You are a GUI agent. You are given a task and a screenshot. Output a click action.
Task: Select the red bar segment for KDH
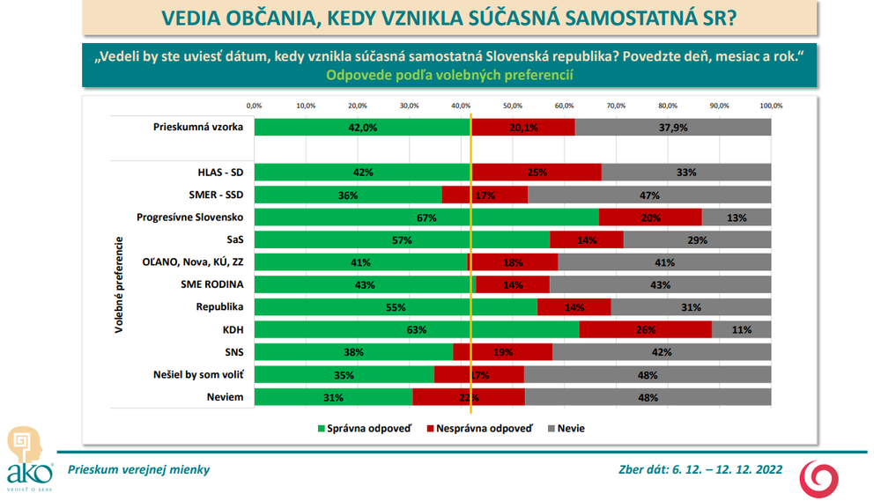pos(646,330)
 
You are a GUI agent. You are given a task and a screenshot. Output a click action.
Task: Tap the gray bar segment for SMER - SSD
pos(649,195)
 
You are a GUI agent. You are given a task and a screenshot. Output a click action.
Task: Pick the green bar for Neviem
pos(334,398)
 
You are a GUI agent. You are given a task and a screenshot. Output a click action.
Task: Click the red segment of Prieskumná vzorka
pos(523,127)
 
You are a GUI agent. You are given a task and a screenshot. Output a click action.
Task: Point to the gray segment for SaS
pos(697,239)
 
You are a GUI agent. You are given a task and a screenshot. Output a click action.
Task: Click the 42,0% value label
pos(363,127)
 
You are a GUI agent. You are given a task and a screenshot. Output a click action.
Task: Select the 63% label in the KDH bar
pos(417,330)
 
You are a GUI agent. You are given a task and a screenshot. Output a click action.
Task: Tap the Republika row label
pos(219,307)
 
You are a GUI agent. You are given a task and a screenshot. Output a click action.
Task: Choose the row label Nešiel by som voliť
pos(199,375)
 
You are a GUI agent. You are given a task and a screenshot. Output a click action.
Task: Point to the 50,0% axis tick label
pos(513,106)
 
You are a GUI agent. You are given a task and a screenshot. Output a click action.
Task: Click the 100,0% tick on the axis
pos(771,106)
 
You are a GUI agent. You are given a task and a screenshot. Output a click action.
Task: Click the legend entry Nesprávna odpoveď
pos(479,429)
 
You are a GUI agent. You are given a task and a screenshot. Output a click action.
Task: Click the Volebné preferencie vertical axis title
pos(118,284)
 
